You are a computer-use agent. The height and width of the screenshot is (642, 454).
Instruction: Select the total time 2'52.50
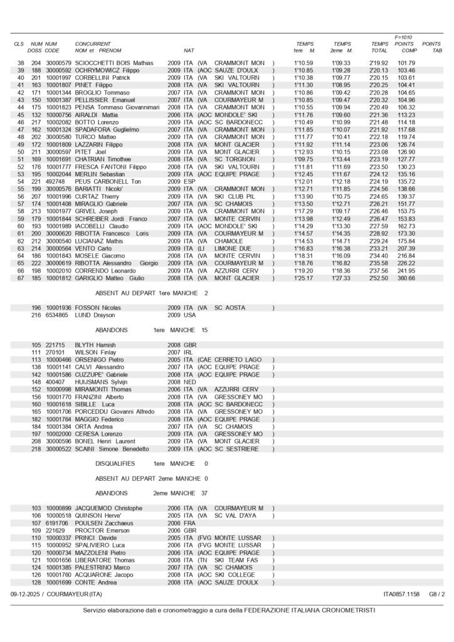coord(379,278)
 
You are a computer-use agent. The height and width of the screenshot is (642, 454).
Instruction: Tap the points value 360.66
coord(406,278)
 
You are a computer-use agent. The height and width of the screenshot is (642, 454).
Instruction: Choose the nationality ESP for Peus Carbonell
coord(189,182)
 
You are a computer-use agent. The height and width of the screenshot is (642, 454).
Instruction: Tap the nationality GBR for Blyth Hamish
coord(190,345)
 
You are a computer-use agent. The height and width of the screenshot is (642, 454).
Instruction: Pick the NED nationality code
coord(190,382)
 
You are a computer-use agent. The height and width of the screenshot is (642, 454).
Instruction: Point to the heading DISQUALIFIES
coord(115,463)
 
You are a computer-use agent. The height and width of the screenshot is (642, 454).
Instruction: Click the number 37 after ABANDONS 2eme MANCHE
coord(204,493)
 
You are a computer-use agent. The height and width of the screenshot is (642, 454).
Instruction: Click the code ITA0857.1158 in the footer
coord(401,594)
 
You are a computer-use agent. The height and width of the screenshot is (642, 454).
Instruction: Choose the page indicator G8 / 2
coord(437,594)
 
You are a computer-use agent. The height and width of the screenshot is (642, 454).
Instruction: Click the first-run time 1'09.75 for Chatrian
coord(304,160)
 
